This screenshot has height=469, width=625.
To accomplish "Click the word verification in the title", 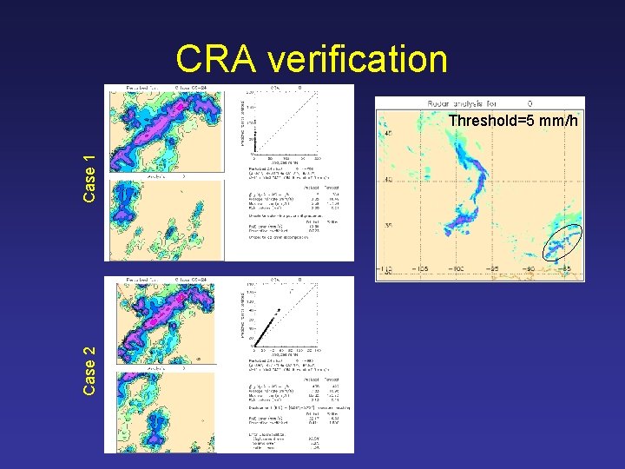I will [x=358, y=60].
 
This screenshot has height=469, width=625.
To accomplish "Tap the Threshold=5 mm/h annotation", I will [x=513, y=121].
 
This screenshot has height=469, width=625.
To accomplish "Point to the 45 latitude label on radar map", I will [x=387, y=133].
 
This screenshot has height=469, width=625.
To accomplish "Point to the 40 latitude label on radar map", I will [x=387, y=180].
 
